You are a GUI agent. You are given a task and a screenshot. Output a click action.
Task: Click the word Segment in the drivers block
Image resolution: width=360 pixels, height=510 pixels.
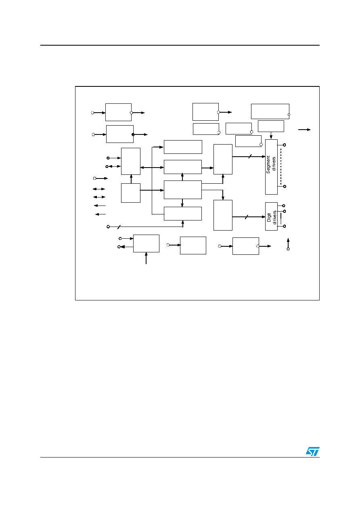point(268,165)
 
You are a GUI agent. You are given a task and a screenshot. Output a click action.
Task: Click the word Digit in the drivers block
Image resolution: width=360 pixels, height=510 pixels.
point(269,217)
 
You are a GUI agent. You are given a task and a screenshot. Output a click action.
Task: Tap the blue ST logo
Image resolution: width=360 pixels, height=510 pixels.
point(312,451)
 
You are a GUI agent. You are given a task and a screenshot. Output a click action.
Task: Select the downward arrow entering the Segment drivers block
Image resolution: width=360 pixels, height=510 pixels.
point(271,135)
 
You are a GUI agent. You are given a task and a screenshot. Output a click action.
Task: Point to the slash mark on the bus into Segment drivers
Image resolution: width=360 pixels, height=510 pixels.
point(250,156)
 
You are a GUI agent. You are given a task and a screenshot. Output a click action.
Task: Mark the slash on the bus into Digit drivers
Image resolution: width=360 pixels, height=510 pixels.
point(247,217)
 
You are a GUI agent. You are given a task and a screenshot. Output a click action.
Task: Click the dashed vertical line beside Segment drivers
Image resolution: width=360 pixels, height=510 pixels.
point(281,167)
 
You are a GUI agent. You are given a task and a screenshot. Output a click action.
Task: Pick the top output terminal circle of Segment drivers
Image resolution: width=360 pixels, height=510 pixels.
point(284,145)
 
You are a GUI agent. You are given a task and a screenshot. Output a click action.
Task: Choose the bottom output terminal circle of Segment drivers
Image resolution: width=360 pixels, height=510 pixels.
point(285,187)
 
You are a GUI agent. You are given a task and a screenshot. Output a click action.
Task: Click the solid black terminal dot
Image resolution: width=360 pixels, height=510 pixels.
point(133,134)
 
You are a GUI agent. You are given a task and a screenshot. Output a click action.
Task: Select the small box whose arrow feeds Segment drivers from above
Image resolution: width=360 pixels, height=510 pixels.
point(271,126)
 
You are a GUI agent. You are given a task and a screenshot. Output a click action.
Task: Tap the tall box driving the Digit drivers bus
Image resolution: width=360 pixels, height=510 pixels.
point(223,215)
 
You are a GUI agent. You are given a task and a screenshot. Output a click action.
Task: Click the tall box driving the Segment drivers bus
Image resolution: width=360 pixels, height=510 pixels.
point(223,159)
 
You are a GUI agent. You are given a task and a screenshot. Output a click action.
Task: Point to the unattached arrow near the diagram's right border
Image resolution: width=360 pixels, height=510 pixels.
point(304,130)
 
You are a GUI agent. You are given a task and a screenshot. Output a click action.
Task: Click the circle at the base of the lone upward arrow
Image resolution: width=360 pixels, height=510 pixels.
point(288,249)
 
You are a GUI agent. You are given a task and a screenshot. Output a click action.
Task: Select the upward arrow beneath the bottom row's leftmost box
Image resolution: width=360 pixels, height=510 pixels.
point(146,258)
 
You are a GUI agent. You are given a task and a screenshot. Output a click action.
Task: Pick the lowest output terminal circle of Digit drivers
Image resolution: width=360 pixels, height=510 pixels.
point(284,226)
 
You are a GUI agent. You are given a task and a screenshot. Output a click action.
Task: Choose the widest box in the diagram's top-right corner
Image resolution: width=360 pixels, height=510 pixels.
point(270,111)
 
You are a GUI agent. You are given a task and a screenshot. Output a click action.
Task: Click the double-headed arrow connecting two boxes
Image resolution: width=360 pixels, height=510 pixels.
point(152,168)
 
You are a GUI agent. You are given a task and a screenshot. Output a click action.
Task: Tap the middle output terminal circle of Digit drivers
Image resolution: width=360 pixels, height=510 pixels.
point(284,211)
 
